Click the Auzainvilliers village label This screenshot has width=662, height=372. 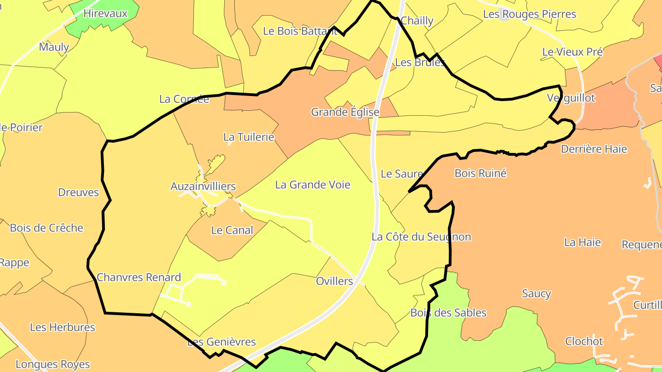tap(203, 186)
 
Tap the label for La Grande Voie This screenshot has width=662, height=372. tap(313, 185)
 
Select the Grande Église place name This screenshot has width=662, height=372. tap(345, 112)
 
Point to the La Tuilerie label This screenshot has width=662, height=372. tap(248, 137)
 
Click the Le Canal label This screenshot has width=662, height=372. tap(232, 230)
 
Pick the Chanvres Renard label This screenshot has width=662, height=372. tap(139, 277)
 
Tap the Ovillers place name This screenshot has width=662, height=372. tap(334, 281)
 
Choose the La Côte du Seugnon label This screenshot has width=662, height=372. tap(421, 237)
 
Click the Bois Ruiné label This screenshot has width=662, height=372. tap(480, 173)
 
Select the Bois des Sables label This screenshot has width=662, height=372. tap(448, 313)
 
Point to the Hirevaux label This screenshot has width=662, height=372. tap(105, 13)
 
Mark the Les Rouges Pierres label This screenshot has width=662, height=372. tap(529, 14)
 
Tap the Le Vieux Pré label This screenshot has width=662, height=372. tap(572, 52)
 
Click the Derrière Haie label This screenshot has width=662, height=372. tap(594, 149)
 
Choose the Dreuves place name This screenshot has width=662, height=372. tap(78, 192)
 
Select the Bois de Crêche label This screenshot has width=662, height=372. tap(46, 228)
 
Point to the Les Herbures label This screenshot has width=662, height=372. tap(63, 327)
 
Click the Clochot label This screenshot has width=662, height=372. tap(584, 341)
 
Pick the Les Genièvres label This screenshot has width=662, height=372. tap(222, 342)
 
